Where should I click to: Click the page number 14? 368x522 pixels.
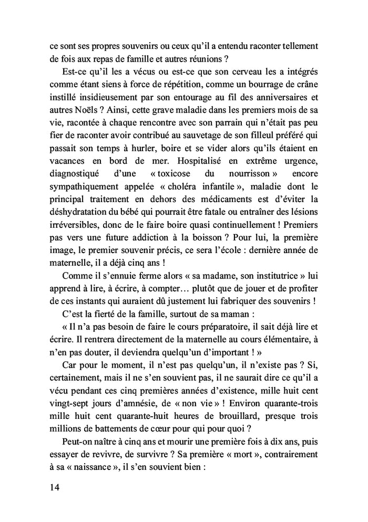pos(51,487)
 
